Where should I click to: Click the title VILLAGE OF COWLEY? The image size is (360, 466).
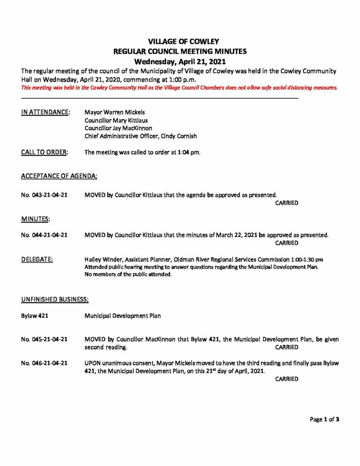(180, 42)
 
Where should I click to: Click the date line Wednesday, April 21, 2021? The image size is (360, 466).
(180, 61)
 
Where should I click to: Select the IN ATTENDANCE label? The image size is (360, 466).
(46, 112)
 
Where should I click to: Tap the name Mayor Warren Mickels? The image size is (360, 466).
(115, 112)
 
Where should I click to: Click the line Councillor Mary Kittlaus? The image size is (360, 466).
(116, 120)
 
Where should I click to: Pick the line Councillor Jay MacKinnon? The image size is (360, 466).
(118, 128)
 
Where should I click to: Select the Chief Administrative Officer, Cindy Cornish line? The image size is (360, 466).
(141, 137)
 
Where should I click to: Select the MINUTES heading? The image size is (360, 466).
(35, 219)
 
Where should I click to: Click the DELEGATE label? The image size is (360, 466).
(37, 259)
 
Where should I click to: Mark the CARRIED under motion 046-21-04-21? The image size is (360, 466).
(287, 379)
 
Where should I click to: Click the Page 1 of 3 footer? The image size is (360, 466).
(325, 420)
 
